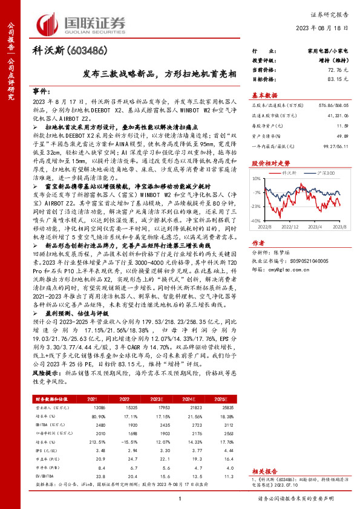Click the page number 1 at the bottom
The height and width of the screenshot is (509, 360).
pyautogui.click(x=180, y=498)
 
